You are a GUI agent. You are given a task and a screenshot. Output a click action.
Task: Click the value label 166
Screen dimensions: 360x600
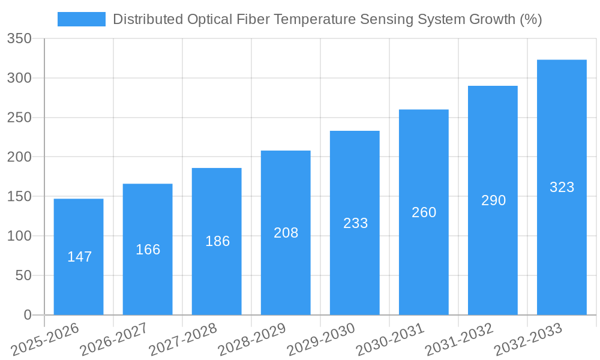pos(148,250)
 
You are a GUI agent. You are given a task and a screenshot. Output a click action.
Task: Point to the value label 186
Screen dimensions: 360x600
pos(217,241)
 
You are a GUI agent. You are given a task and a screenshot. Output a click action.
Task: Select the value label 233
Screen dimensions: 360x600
pos(355,223)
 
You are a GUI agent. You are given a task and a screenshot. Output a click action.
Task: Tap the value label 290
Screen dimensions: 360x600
pos(493,200)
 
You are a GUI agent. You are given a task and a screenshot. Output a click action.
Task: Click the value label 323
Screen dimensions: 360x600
pos(562,187)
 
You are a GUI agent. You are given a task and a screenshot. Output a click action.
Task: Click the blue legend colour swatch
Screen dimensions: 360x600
pos(81,19)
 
